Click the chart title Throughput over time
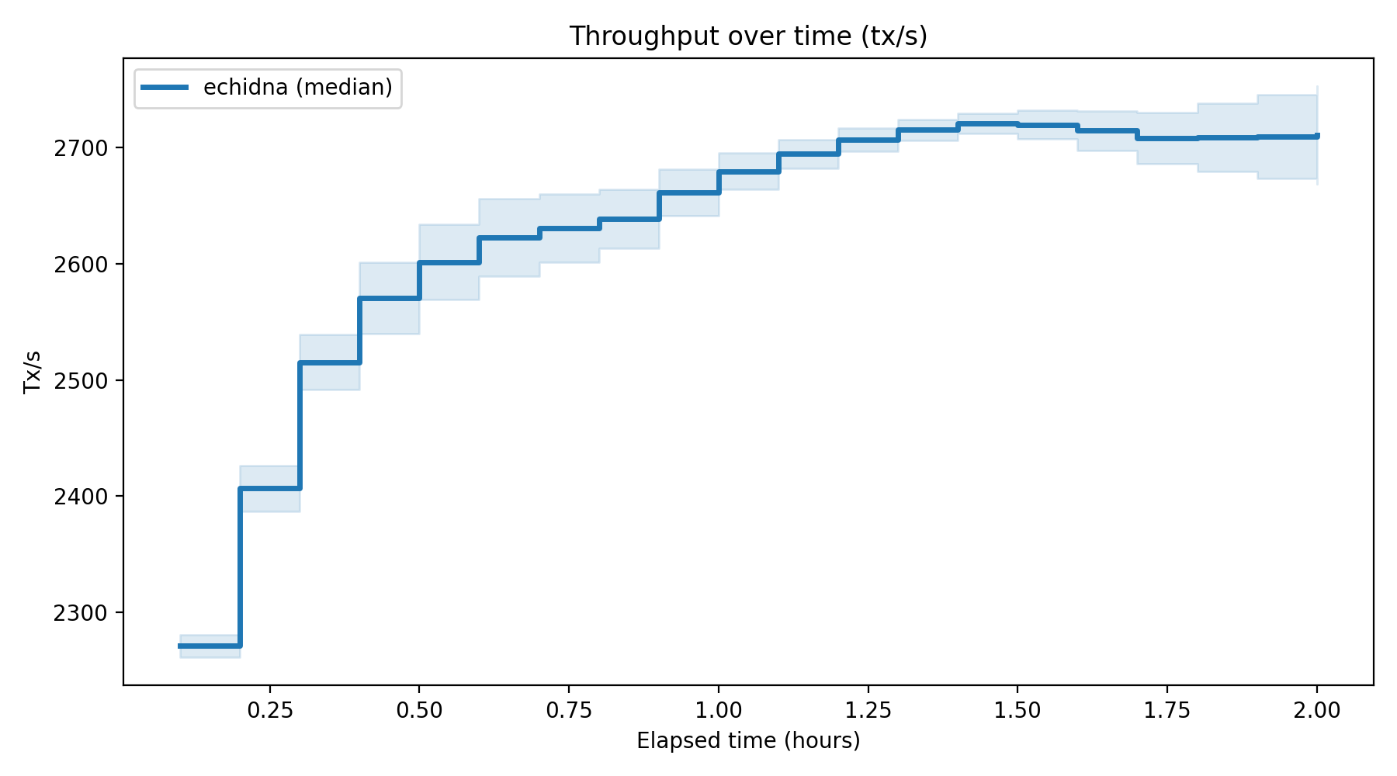[x=748, y=36]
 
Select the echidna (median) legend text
[x=298, y=88]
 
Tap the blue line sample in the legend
[x=164, y=88]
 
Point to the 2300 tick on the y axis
[x=80, y=613]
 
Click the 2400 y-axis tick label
[x=80, y=497]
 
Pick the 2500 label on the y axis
[x=80, y=380]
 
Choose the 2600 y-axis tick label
[x=80, y=264]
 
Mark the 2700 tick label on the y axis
[x=80, y=147]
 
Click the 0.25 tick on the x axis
[x=269, y=710]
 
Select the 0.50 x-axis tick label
[x=419, y=710]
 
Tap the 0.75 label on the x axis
[x=569, y=710]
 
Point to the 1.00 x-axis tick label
[x=719, y=710]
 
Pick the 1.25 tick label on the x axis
[x=868, y=710]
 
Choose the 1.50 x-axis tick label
[x=1017, y=710]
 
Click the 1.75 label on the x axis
[x=1167, y=710]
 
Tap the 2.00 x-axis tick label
[x=1317, y=710]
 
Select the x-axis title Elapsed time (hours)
[x=748, y=741]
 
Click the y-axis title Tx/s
[x=33, y=372]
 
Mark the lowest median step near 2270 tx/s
[x=210, y=646]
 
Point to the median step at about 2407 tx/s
[x=269, y=488]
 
